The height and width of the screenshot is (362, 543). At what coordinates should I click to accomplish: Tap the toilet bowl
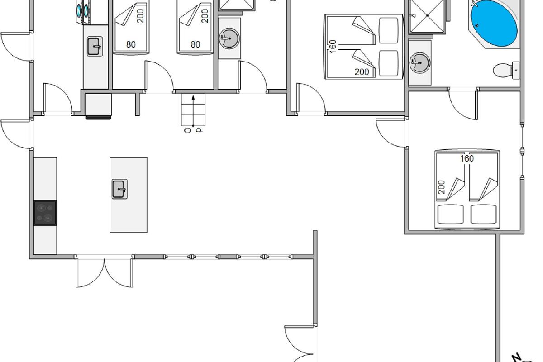click(x=501, y=70)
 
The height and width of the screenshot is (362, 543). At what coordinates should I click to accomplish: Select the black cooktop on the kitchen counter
click(x=45, y=213)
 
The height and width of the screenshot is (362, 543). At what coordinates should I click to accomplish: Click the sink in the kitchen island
click(x=119, y=189)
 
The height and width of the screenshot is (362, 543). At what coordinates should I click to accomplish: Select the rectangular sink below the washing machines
click(x=95, y=47)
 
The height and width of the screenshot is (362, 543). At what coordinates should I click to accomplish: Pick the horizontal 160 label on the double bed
click(x=467, y=159)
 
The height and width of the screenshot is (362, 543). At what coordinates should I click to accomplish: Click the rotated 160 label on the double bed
click(x=333, y=46)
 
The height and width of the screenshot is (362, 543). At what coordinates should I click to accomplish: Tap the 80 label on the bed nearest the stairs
click(x=195, y=44)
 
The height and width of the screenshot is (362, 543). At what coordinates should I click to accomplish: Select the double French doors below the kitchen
click(x=104, y=271)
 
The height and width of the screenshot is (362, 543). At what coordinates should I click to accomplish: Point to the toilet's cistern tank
click(x=516, y=70)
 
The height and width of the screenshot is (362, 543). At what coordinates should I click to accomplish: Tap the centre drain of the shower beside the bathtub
click(x=427, y=15)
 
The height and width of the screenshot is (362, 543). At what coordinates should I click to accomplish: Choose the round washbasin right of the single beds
click(x=229, y=38)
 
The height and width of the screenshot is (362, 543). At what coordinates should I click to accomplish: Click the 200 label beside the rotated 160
click(x=362, y=72)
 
